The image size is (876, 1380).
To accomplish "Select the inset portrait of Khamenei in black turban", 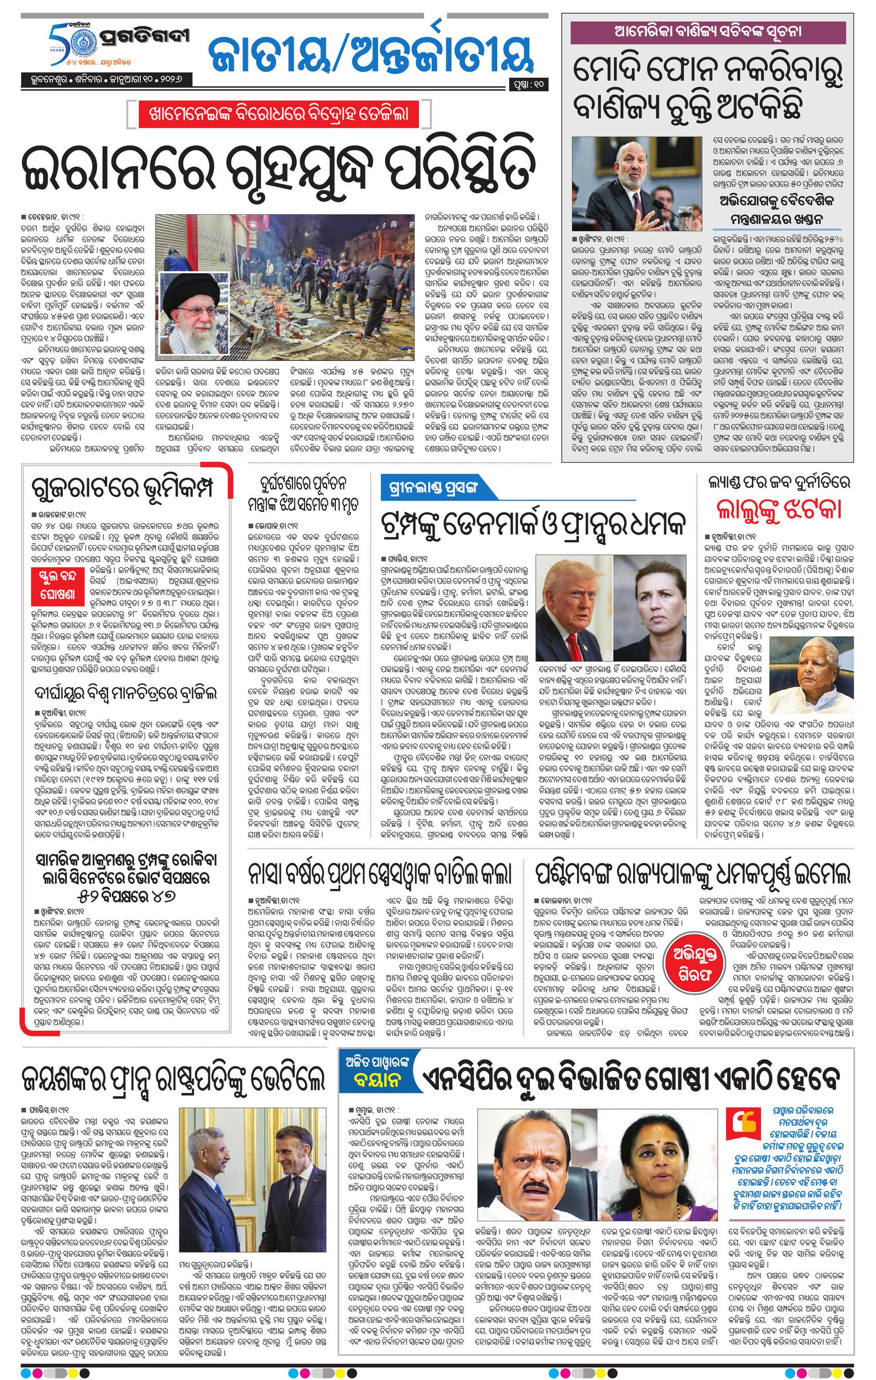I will pos(190,306).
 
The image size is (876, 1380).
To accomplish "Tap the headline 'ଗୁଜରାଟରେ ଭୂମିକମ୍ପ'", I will pos(124,492).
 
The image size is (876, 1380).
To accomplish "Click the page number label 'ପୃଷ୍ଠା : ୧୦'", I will pos(527,86).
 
